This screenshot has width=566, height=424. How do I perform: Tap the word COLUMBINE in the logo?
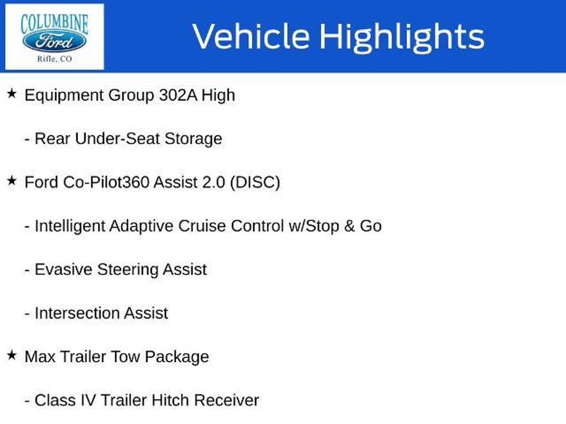click(x=54, y=24)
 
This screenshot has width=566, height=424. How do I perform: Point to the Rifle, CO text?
click(x=54, y=59)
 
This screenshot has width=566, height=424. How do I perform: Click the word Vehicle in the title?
click(x=251, y=36)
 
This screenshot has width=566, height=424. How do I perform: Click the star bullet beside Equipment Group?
click(x=12, y=94)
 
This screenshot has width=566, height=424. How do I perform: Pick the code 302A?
click(x=178, y=95)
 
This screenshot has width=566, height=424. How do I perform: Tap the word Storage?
click(x=193, y=139)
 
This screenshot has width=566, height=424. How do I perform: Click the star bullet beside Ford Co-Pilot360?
click(x=12, y=181)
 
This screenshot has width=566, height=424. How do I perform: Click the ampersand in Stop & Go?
click(x=349, y=226)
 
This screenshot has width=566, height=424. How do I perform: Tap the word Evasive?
click(x=64, y=270)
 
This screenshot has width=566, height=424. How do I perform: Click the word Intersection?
click(x=77, y=313)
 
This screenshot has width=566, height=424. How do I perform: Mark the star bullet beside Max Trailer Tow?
click(x=12, y=355)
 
